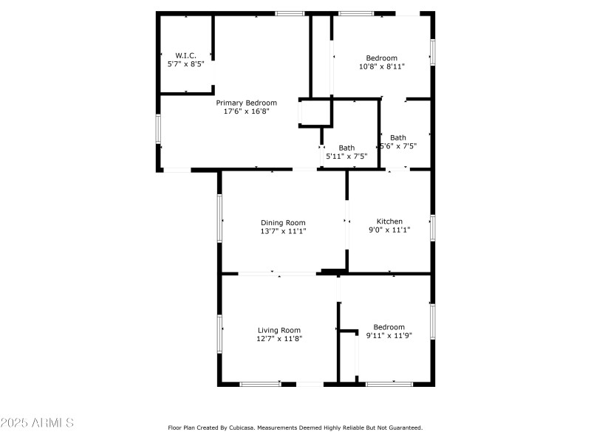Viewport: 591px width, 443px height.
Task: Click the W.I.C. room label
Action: (x=185, y=55)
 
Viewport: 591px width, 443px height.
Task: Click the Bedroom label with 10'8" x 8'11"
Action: (x=382, y=58)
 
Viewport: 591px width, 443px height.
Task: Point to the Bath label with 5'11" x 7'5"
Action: (x=346, y=148)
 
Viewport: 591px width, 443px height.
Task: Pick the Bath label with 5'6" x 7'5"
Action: (x=397, y=137)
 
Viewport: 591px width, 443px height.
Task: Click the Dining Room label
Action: (x=283, y=222)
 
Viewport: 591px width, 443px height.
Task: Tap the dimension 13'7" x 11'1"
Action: (x=283, y=231)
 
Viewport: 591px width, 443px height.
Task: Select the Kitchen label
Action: (x=389, y=221)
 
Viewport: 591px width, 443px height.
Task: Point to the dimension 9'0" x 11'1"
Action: (x=389, y=230)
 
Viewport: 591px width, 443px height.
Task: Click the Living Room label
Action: (x=279, y=330)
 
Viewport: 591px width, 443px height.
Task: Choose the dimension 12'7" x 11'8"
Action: (x=279, y=339)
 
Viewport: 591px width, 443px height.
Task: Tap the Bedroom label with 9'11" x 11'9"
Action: (x=389, y=327)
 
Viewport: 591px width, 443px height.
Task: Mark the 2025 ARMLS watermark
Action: (x=37, y=423)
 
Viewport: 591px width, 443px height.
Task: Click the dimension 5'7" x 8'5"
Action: (x=185, y=64)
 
